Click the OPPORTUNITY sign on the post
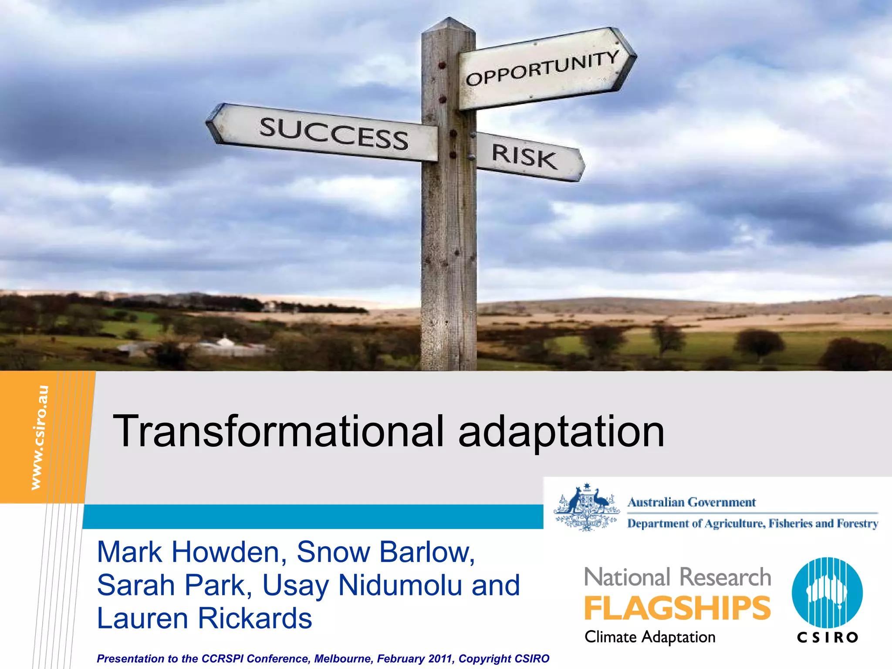click(544, 69)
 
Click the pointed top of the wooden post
click(449, 24)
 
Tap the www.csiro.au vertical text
click(40, 437)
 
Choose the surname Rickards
click(255, 618)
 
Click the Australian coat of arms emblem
click(586, 507)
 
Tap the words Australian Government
click(691, 502)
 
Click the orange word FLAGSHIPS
click(677, 608)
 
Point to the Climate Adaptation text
click(650, 637)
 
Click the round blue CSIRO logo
click(827, 592)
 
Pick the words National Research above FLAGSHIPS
click(677, 577)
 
